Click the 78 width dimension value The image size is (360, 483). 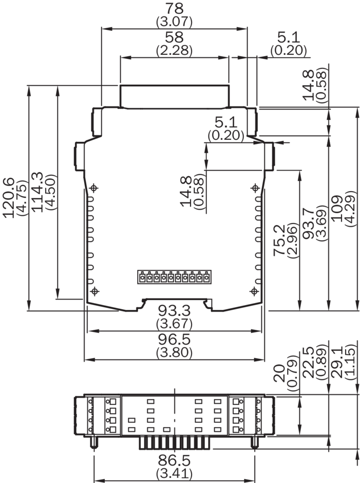[174, 8]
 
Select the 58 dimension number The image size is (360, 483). [174, 37]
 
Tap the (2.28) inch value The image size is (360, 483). [174, 50]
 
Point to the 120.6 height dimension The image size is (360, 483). [9, 198]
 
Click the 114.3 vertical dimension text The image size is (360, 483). [37, 192]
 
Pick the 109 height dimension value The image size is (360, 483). [337, 208]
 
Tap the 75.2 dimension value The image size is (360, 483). [279, 239]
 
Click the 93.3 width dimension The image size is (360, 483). [174, 310]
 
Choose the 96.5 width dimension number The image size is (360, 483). [174, 339]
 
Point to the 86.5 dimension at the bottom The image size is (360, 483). [174, 460]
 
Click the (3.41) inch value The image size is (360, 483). [174, 473]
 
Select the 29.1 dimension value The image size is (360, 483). [337, 362]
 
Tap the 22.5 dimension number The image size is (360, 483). [308, 362]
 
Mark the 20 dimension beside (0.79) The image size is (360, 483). [279, 374]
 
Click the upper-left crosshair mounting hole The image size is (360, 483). [94, 188]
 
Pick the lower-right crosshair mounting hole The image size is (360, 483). [254, 291]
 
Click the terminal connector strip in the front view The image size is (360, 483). [174, 277]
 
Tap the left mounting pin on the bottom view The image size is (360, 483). [93, 442]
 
